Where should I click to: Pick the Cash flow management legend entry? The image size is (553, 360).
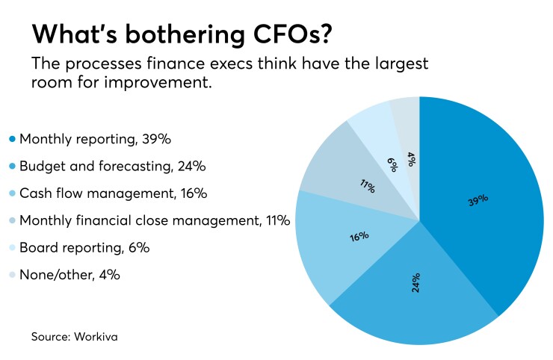coord(102,193)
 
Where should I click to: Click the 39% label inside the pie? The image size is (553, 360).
coord(478,199)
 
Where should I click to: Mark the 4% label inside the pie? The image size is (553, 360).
coord(410,159)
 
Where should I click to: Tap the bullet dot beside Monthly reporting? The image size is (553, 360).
coord(11,139)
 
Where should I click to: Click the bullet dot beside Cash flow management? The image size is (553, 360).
coord(11,193)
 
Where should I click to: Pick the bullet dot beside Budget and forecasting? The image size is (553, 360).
coord(11,166)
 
